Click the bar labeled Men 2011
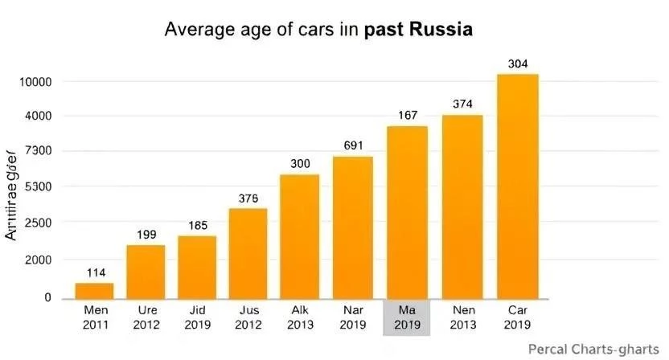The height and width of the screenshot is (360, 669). (x=94, y=290)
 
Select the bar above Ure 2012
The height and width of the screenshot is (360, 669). (x=146, y=272)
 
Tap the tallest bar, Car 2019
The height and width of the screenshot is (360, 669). (x=518, y=186)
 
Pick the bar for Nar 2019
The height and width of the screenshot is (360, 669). (x=353, y=227)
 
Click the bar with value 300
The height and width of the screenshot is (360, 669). (x=300, y=236)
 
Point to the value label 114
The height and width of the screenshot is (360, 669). (x=95, y=272)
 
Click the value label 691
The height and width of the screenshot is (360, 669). (x=353, y=145)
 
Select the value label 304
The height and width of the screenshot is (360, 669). (x=518, y=63)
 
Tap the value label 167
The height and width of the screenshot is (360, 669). (x=408, y=116)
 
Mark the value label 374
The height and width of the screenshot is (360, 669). (x=462, y=104)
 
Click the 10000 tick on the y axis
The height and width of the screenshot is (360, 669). (x=35, y=82)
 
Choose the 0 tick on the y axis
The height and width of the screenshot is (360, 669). (x=47, y=298)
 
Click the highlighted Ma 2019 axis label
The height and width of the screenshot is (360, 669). (x=408, y=318)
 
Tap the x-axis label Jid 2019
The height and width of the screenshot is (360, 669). (x=198, y=318)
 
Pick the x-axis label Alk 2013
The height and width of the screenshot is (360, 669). (x=300, y=318)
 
